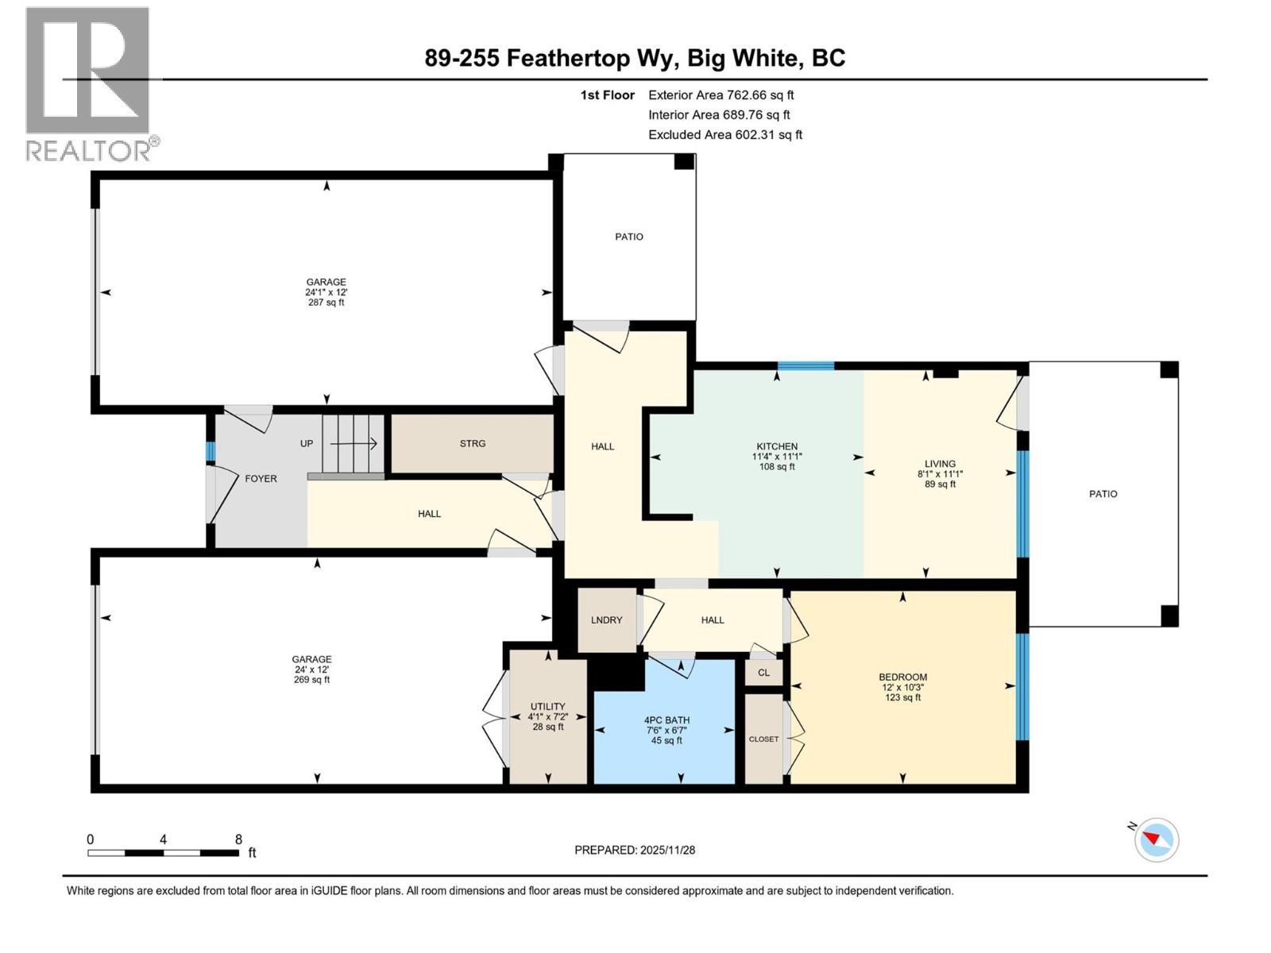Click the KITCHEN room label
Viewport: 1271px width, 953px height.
(x=776, y=446)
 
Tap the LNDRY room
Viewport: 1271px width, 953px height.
(x=606, y=620)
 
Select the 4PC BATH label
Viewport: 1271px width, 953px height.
(x=666, y=720)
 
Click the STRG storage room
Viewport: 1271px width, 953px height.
(x=472, y=444)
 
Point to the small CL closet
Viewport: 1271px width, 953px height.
(x=763, y=673)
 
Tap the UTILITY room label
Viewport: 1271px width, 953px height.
(x=547, y=707)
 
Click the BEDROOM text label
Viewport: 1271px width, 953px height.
(x=902, y=677)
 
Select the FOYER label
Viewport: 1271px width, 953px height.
(x=261, y=479)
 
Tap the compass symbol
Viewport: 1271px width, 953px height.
(x=1157, y=839)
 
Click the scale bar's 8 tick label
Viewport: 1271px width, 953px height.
(x=238, y=839)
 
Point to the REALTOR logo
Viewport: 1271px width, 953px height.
(x=89, y=83)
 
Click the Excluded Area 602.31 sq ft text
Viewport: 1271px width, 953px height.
(x=724, y=135)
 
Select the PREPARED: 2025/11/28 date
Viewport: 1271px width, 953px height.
(x=635, y=850)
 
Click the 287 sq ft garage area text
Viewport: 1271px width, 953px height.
(x=326, y=303)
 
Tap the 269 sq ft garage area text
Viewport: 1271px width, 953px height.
(x=311, y=680)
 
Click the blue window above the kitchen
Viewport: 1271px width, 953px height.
(x=805, y=366)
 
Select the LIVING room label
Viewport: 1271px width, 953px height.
(x=940, y=464)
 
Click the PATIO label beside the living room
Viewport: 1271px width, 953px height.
(x=1103, y=494)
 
